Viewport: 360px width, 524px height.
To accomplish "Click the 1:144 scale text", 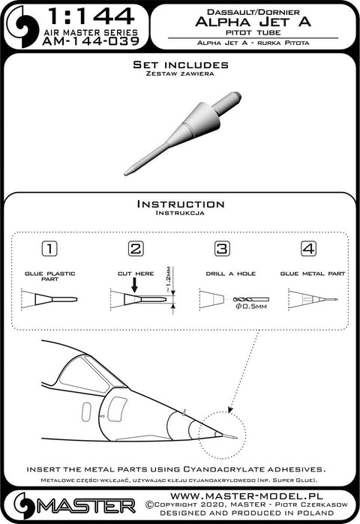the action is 91,16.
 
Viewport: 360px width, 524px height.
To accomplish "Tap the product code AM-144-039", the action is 91,41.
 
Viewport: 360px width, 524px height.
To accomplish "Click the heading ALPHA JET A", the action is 253,22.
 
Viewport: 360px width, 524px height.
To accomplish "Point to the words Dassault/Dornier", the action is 253,12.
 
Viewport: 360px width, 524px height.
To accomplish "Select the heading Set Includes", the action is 181,64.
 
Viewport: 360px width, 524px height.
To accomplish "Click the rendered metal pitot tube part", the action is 183,133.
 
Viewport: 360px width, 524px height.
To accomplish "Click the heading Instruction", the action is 181,204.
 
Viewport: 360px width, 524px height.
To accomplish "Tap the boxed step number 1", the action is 49,249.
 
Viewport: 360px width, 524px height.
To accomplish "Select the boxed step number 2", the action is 136,249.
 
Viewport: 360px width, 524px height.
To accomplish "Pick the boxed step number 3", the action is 222,249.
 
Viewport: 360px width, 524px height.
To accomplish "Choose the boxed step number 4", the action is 308,249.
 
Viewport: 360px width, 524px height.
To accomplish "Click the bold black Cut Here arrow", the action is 134,286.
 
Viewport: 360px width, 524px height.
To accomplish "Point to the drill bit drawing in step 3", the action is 250,299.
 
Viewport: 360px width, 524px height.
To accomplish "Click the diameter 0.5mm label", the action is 251,307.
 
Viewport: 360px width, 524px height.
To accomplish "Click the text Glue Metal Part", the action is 312,274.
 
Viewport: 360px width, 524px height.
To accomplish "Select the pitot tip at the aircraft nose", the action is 229,436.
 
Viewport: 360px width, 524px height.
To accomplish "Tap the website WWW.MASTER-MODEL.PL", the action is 246,496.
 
